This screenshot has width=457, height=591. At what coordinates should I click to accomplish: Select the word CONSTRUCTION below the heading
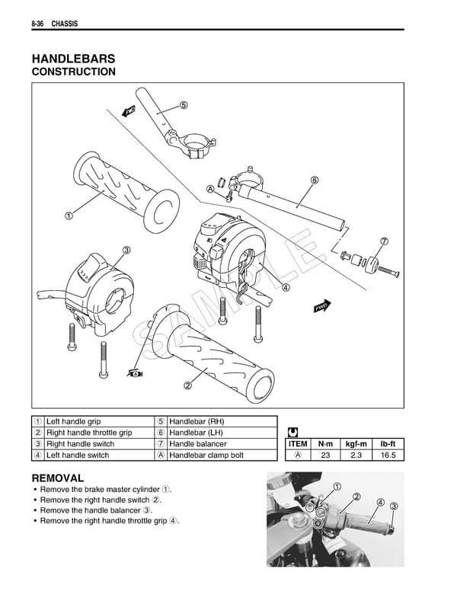click(73, 72)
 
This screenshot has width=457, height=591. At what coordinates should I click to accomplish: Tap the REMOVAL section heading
click(58, 478)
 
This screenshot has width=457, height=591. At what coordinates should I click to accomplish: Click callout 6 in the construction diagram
click(314, 180)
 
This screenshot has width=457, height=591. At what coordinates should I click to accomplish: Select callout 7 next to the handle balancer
click(384, 241)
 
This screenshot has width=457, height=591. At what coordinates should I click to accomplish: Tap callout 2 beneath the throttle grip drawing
click(187, 384)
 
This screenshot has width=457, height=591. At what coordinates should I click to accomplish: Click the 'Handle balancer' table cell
click(197, 444)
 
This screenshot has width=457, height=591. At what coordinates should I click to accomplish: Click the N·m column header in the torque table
click(325, 444)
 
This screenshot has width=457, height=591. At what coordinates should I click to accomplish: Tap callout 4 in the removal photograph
click(380, 502)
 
